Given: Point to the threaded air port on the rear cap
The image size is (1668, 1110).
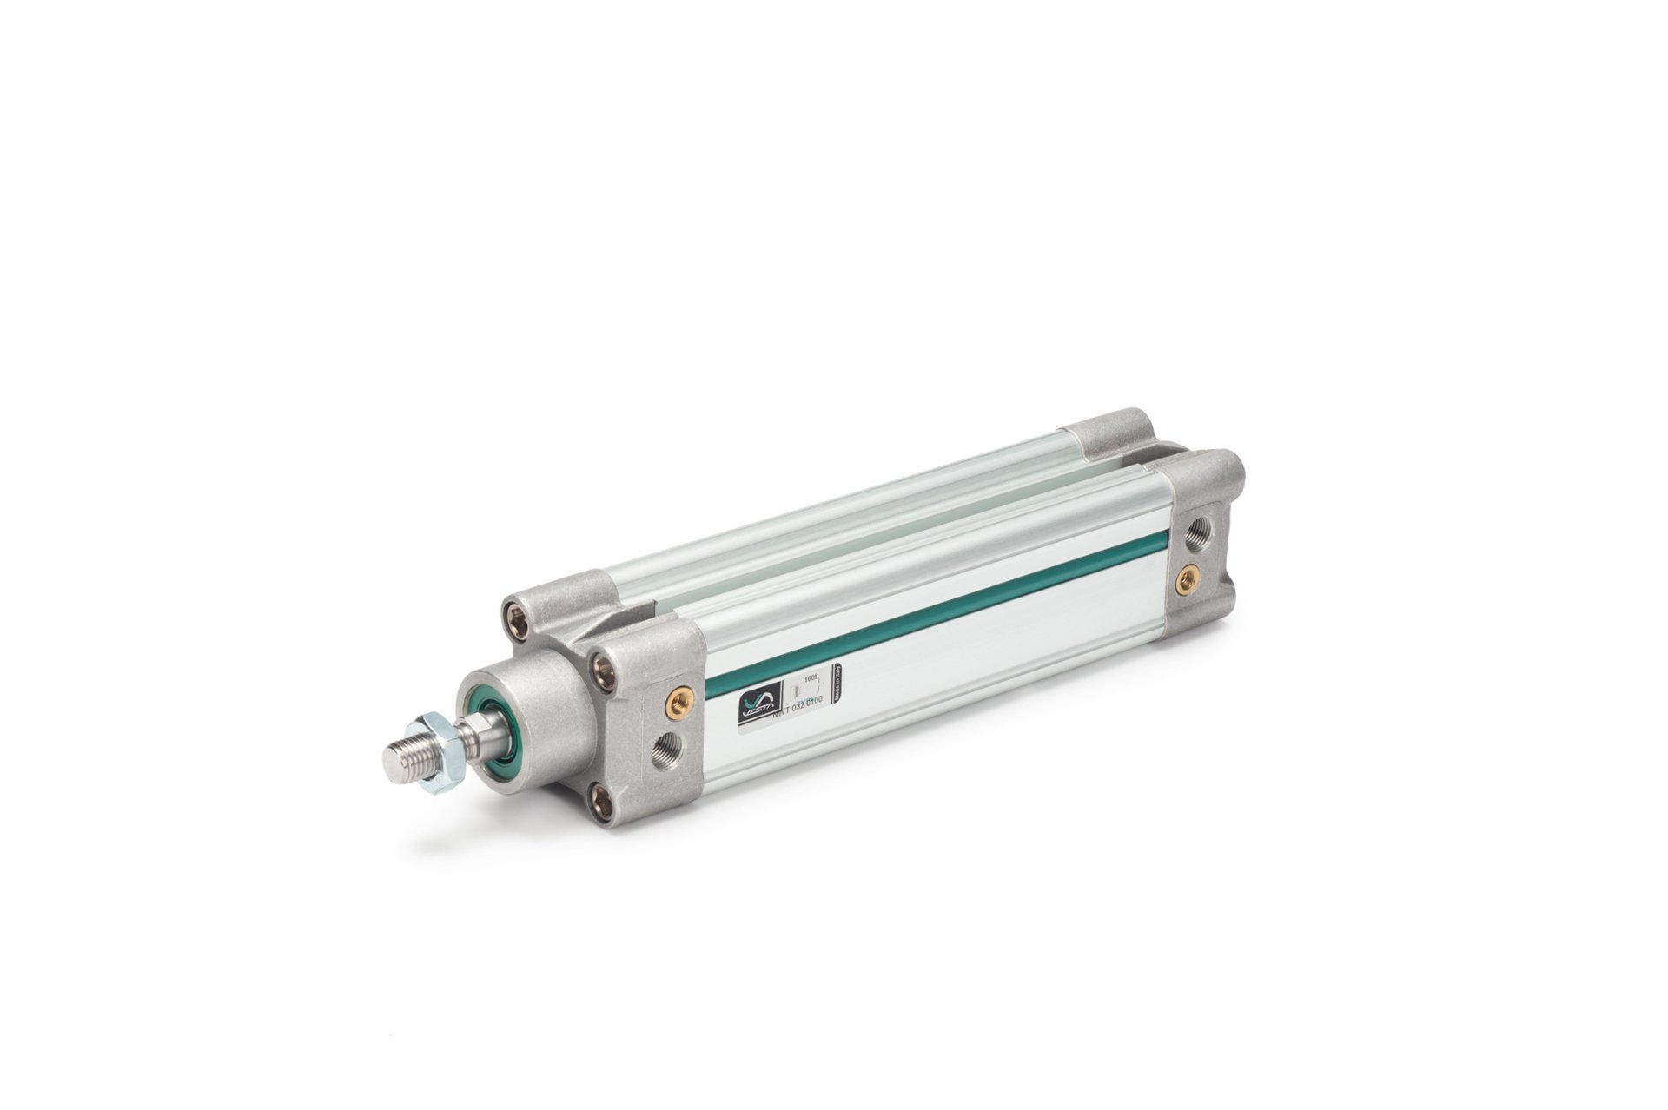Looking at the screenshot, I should (1196, 525).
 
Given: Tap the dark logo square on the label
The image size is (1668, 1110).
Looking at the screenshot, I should (754, 698).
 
